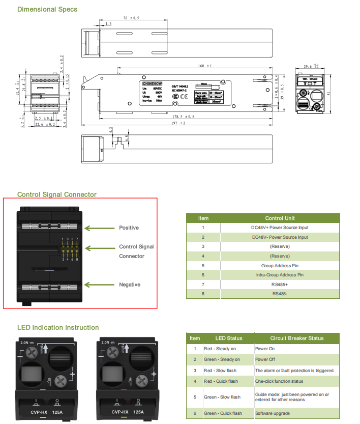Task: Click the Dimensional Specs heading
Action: [x=47, y=9]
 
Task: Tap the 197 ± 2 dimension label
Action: [x=177, y=123]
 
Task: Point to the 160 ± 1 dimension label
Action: [x=205, y=66]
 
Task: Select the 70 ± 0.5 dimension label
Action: [x=131, y=18]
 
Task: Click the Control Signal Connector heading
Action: [x=56, y=194]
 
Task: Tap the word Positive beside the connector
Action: [x=129, y=228]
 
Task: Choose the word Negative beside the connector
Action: [x=129, y=285]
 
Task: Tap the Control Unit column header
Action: [x=280, y=218]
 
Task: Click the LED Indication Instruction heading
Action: [x=58, y=327]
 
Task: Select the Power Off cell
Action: [x=264, y=359]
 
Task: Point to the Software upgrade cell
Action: [x=272, y=413]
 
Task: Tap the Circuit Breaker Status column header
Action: [x=296, y=338]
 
